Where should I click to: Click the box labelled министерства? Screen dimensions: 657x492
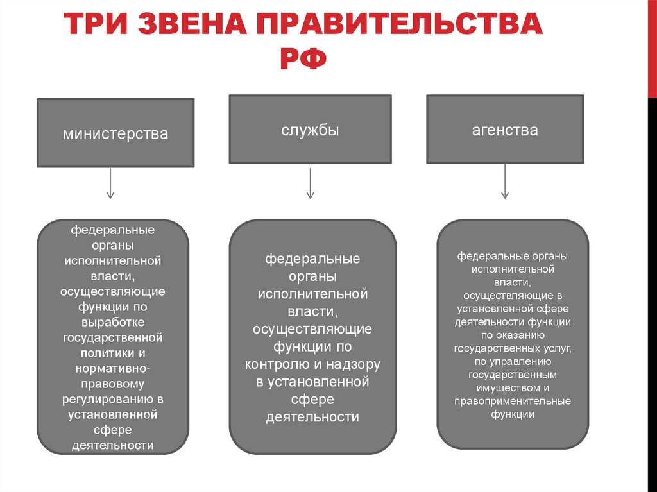pyautogui.click(x=115, y=133)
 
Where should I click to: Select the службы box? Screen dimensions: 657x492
pyautogui.click(x=310, y=130)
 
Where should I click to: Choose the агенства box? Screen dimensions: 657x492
pyautogui.click(x=505, y=130)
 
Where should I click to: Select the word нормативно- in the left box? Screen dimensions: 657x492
pyautogui.click(x=113, y=369)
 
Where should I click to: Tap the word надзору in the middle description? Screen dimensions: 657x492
pyautogui.click(x=352, y=364)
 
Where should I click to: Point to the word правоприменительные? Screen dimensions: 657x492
pyautogui.click(x=513, y=402)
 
